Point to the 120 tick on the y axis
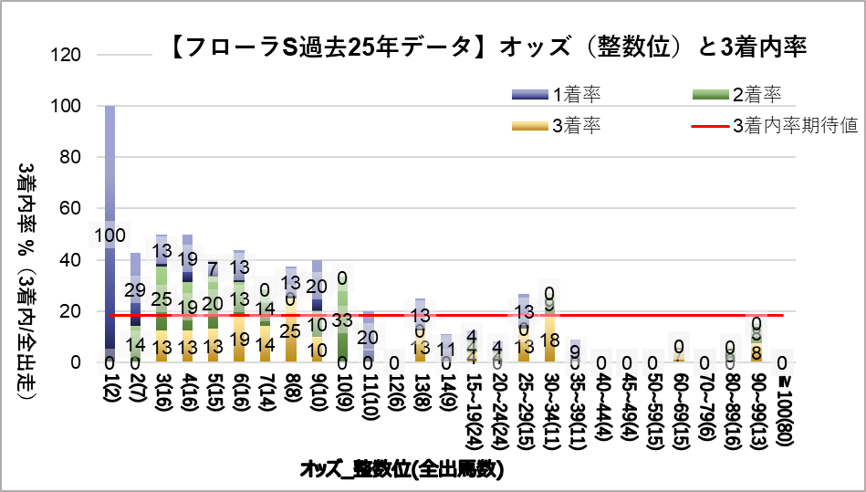pos(72,55)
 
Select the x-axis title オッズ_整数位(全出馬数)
pos(402,470)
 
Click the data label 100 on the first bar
pos(110,237)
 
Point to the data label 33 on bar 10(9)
pos(343,320)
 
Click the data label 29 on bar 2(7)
pos(135,289)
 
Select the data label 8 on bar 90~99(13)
pos(757,351)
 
